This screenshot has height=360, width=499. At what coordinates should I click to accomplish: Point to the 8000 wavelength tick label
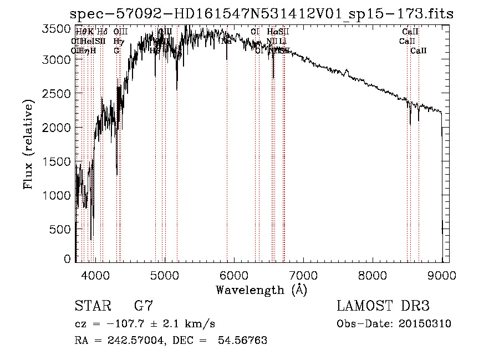[x=372, y=276]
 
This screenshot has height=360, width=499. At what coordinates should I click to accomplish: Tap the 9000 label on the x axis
[x=441, y=276]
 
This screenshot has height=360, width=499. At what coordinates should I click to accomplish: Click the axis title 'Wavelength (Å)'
[x=261, y=290]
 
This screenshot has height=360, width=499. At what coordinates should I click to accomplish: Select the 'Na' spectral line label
[x=226, y=41]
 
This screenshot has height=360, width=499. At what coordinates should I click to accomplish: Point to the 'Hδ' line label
[x=102, y=32]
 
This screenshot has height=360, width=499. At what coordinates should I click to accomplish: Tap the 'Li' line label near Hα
[x=283, y=41]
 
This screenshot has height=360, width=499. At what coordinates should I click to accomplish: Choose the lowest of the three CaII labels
[x=419, y=50]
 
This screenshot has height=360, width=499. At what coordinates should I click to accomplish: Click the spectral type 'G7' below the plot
[x=144, y=306]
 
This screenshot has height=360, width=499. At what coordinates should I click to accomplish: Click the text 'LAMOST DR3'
[x=383, y=306]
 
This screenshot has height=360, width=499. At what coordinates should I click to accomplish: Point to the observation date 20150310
[x=423, y=324]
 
